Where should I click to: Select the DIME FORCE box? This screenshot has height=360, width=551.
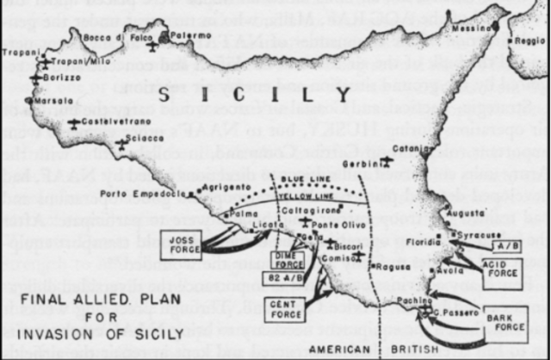288,260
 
